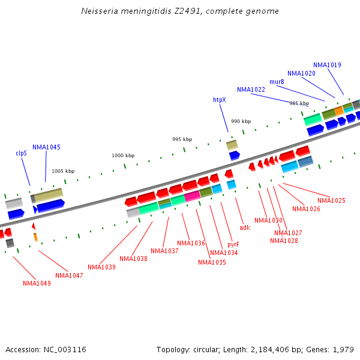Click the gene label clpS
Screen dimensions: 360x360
(x=21, y=153)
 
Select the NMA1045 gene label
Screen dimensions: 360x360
(x=46, y=147)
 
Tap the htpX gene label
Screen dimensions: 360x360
(x=220, y=100)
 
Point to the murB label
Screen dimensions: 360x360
(x=277, y=82)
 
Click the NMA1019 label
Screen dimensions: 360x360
(x=327, y=65)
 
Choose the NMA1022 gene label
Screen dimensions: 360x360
(x=251, y=89)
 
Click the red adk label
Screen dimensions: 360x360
(x=245, y=227)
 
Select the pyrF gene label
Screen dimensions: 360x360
(x=233, y=244)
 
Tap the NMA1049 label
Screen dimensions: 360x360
(x=37, y=283)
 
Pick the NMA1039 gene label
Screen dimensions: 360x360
(x=101, y=267)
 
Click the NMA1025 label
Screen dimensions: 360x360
(x=331, y=200)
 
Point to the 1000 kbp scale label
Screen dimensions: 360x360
(x=123, y=155)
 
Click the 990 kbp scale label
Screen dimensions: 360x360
(x=241, y=121)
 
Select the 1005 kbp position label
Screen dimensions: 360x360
(x=63, y=171)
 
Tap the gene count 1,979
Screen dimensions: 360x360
(x=342, y=349)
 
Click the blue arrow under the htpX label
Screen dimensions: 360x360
(x=234, y=155)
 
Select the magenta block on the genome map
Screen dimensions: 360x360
(x=192, y=196)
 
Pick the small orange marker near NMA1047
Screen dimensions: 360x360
(x=35, y=237)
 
